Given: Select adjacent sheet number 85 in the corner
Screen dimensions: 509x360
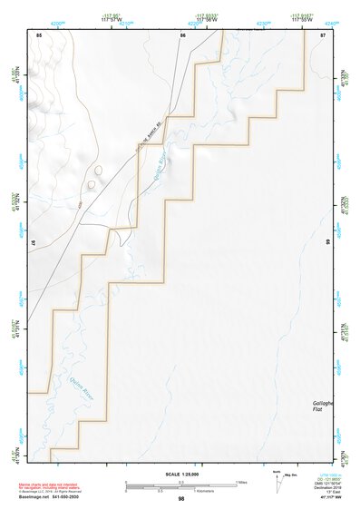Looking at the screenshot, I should [x=39, y=34].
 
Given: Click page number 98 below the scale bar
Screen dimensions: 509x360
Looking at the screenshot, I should [x=181, y=499].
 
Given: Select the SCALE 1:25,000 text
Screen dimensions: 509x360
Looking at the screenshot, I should [x=181, y=475].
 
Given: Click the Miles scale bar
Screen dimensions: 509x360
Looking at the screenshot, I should [x=181, y=482].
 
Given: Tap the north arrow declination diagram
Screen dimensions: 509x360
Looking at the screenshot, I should [x=277, y=481].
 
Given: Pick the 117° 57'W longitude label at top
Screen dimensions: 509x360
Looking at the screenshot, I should [x=112, y=20].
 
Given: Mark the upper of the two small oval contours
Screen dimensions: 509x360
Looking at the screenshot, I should [x=97, y=169].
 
